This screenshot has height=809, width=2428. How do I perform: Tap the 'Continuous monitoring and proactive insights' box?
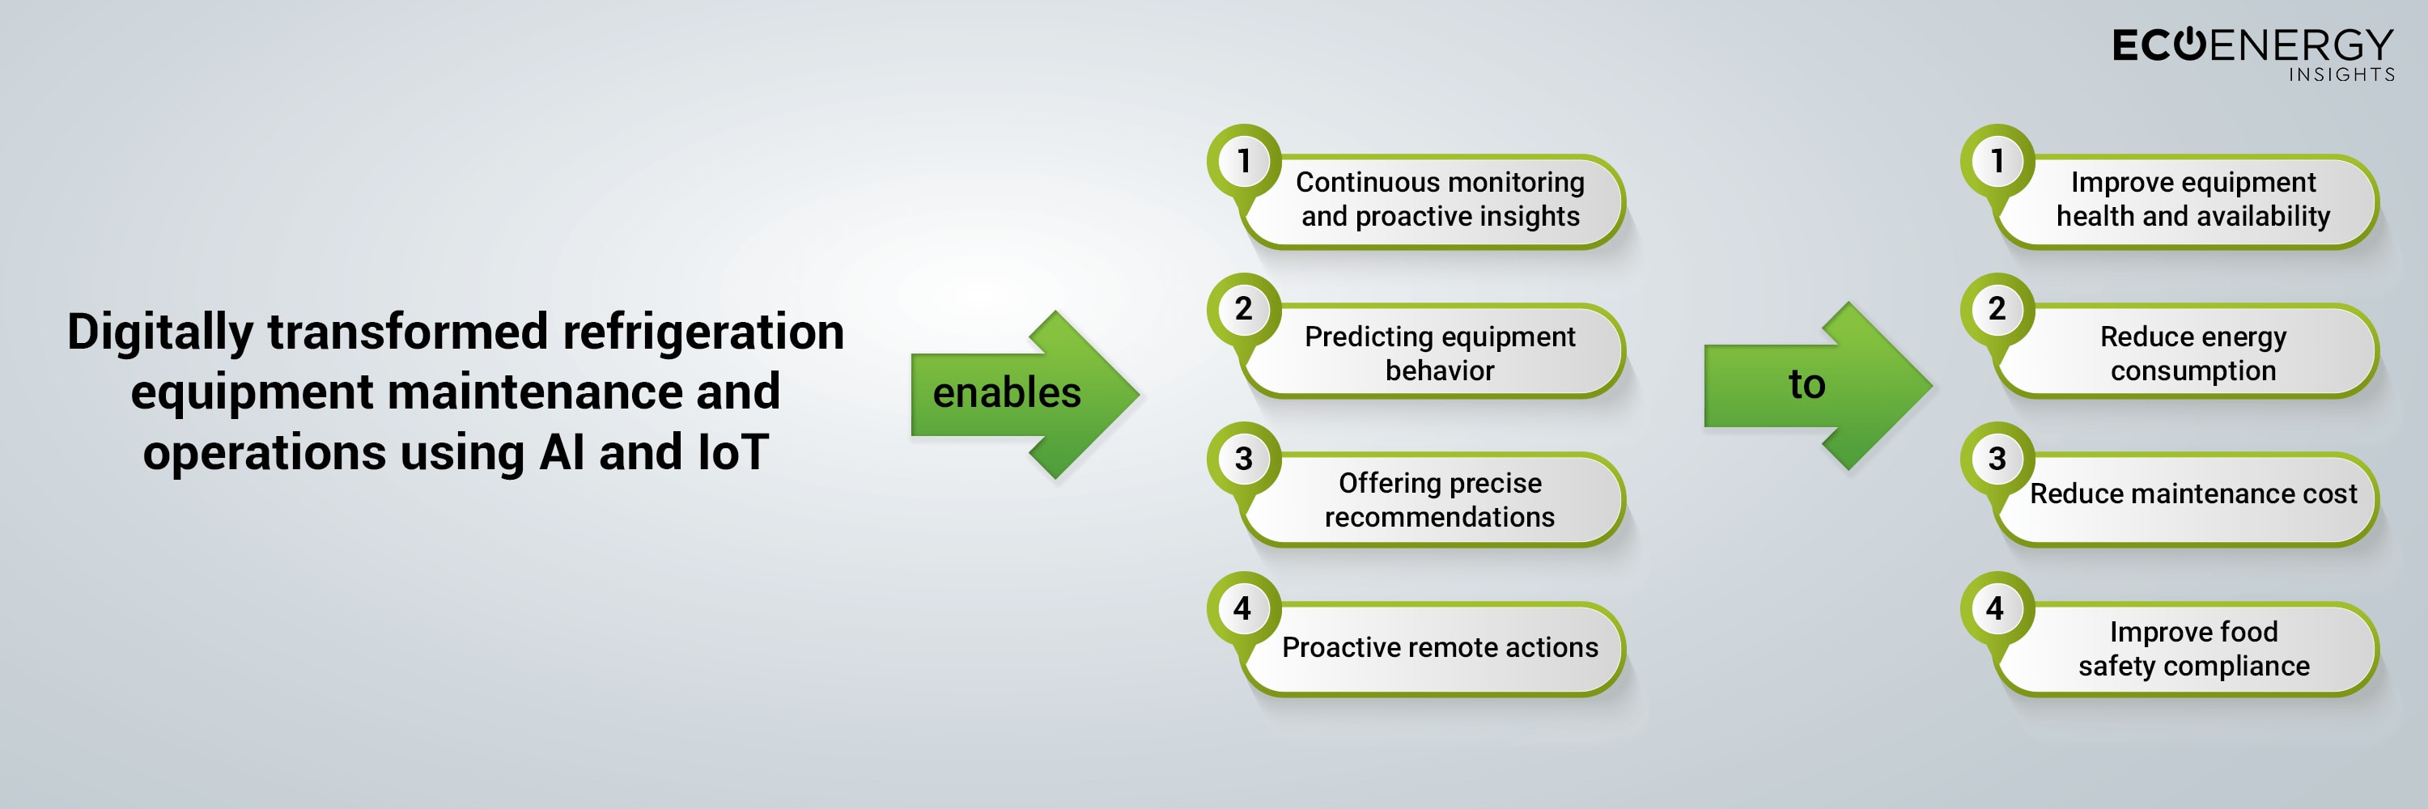coord(1437,201)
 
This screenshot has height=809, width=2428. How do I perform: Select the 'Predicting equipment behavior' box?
coord(1437,351)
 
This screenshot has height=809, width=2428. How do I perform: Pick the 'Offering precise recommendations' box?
coord(1437,500)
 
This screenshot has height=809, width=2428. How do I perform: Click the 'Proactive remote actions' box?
coord(1437,649)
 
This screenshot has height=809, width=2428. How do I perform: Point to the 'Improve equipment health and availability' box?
coord(2191,201)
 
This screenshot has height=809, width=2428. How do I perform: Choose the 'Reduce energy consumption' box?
coord(2191,351)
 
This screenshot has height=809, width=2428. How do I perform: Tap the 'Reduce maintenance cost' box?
coord(2191,500)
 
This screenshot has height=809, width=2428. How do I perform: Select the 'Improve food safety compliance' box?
coord(2191,649)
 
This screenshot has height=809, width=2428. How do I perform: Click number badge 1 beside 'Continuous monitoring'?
coord(1244,161)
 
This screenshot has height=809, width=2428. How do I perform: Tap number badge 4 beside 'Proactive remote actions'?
coord(1244,608)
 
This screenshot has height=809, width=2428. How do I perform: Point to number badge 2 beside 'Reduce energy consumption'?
coord(1997,310)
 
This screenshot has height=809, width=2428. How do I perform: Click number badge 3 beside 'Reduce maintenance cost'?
coord(1997,459)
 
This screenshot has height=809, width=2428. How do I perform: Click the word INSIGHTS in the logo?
coord(2341,74)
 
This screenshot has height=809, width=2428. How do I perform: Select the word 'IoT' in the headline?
coord(733,452)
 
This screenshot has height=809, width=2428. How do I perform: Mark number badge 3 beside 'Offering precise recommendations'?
coord(1244,459)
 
